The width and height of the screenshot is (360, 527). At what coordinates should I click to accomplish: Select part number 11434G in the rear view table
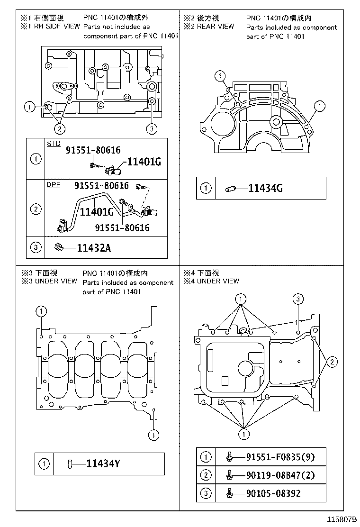[265, 188]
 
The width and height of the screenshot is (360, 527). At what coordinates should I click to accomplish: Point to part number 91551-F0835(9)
[280, 457]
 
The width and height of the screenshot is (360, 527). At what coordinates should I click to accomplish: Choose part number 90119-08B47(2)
[280, 475]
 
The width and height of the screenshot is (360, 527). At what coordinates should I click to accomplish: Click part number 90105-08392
[273, 493]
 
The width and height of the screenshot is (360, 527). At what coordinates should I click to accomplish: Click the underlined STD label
[53, 143]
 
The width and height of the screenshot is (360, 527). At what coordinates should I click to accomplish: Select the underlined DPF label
[53, 185]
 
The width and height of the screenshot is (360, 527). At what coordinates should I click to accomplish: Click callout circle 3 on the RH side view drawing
[151, 128]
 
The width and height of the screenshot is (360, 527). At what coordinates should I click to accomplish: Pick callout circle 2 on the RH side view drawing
[60, 128]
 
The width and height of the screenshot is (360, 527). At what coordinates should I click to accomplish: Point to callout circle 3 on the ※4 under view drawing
[297, 299]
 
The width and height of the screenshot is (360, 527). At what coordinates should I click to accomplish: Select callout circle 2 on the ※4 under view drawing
[332, 363]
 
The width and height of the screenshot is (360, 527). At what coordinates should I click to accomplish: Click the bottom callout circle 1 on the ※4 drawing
[243, 434]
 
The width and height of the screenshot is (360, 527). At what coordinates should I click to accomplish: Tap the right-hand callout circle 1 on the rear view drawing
[321, 105]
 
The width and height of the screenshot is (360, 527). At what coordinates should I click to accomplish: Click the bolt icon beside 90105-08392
[230, 493]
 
